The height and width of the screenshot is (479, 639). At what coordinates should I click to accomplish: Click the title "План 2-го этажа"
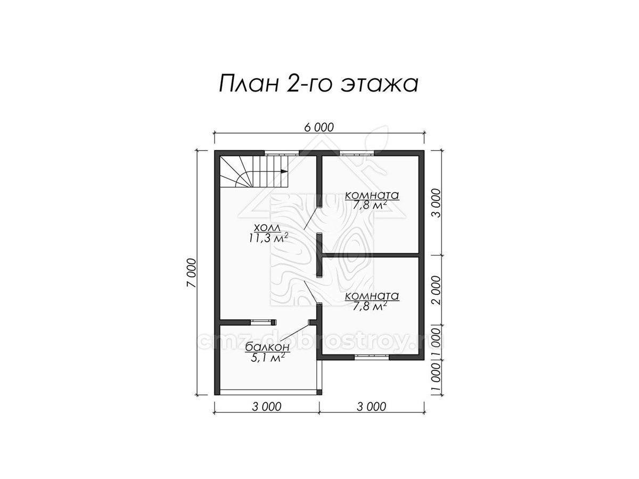point(318,84)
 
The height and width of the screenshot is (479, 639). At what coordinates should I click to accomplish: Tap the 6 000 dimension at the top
point(319,128)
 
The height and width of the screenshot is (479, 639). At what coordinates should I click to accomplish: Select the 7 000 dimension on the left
point(192,272)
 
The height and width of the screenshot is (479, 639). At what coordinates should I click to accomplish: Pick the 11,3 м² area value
point(268,238)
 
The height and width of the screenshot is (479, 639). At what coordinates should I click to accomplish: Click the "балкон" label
point(267,347)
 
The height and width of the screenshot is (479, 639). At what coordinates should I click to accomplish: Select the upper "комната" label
point(372,195)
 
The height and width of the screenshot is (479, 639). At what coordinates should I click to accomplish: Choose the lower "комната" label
point(372,296)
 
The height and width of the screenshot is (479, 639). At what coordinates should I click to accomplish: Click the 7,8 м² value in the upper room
point(370,205)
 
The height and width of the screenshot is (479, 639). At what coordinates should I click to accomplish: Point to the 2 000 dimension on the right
point(437,290)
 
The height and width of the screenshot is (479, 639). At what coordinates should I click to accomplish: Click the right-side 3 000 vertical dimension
point(437,203)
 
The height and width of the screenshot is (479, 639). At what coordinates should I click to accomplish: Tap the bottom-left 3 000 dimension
point(267,406)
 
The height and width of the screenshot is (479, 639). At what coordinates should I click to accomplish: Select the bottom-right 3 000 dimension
point(371,406)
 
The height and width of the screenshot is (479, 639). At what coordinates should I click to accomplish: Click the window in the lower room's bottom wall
point(372,358)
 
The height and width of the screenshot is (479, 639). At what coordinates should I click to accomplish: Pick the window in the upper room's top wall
point(357,153)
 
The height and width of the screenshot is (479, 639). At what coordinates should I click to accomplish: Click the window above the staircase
point(282,153)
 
